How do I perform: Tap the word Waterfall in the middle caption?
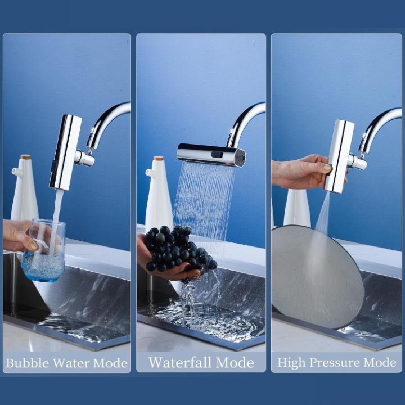[181, 363]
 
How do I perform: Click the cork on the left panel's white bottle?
[25, 157]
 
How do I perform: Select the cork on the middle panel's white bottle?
[159, 159]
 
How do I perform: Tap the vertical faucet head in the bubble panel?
[65, 151]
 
